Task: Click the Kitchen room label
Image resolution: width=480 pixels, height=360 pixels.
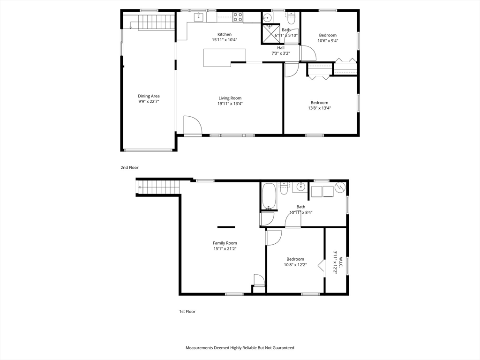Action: click(x=225, y=34)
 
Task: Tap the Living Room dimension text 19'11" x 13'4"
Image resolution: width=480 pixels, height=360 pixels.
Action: click(x=230, y=104)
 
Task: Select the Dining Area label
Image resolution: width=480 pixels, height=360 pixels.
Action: click(x=149, y=96)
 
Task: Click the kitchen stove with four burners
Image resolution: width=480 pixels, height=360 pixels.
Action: click(x=238, y=16)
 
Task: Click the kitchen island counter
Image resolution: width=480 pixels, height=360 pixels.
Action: click(x=225, y=58)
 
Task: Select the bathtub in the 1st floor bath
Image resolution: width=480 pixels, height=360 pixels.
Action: click(x=269, y=196)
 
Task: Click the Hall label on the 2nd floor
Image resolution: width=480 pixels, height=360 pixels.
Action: click(x=281, y=48)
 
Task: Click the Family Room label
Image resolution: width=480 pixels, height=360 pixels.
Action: click(x=225, y=243)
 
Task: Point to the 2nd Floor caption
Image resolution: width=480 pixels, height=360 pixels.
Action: click(x=129, y=167)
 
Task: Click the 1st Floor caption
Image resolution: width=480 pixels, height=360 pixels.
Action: click(x=187, y=311)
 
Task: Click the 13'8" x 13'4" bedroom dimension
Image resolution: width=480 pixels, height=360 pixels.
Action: click(x=319, y=108)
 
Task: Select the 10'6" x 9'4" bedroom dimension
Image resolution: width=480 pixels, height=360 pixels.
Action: click(x=328, y=40)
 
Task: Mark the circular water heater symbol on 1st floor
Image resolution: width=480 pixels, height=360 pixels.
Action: click(x=340, y=187)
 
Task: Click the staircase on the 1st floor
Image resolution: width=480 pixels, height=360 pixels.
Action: click(x=157, y=187)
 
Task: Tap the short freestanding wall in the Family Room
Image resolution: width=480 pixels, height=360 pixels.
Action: click(x=226, y=227)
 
